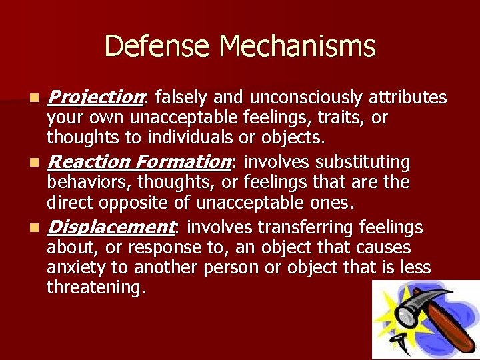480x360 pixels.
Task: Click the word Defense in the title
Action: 158,46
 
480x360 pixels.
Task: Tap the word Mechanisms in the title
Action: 297,46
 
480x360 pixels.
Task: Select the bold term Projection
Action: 95,98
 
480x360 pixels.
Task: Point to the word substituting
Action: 363,162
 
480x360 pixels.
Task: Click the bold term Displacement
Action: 110,227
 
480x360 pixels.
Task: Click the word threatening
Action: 93,287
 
